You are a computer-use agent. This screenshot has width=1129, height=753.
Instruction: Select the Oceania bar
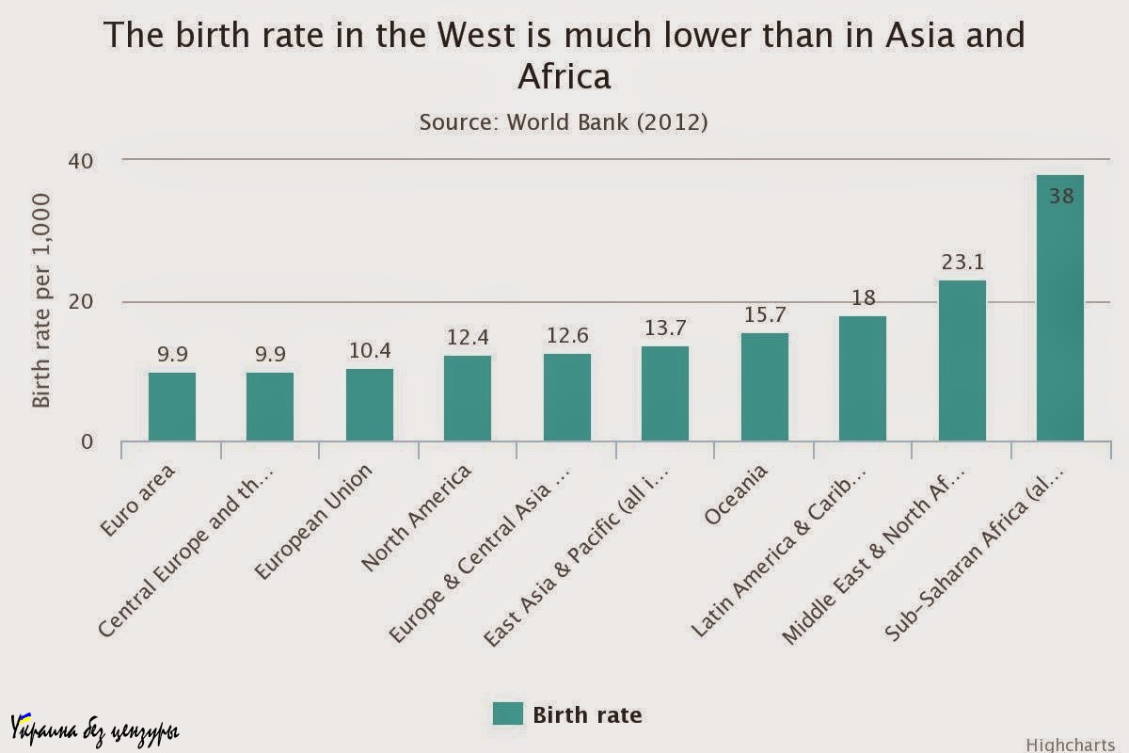tap(764, 387)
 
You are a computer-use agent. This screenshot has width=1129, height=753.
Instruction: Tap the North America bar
tap(468, 398)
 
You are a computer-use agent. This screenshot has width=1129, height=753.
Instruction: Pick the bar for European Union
tap(369, 405)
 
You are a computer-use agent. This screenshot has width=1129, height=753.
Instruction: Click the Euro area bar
tap(172, 407)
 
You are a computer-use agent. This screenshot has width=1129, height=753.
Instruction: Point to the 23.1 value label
tap(962, 263)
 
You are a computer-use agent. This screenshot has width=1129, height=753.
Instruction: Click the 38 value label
tap(1060, 197)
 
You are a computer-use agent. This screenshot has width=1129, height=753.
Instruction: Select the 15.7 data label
tap(764, 315)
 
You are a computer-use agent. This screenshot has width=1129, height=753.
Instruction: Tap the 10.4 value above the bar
tap(369, 351)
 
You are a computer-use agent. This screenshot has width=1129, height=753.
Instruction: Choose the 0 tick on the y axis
tap(87, 442)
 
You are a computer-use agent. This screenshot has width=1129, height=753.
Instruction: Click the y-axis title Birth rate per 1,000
tap(41, 300)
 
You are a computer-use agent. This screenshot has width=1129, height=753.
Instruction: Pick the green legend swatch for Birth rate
tap(507, 713)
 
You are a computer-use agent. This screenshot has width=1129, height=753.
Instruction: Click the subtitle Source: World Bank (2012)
tap(564, 122)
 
